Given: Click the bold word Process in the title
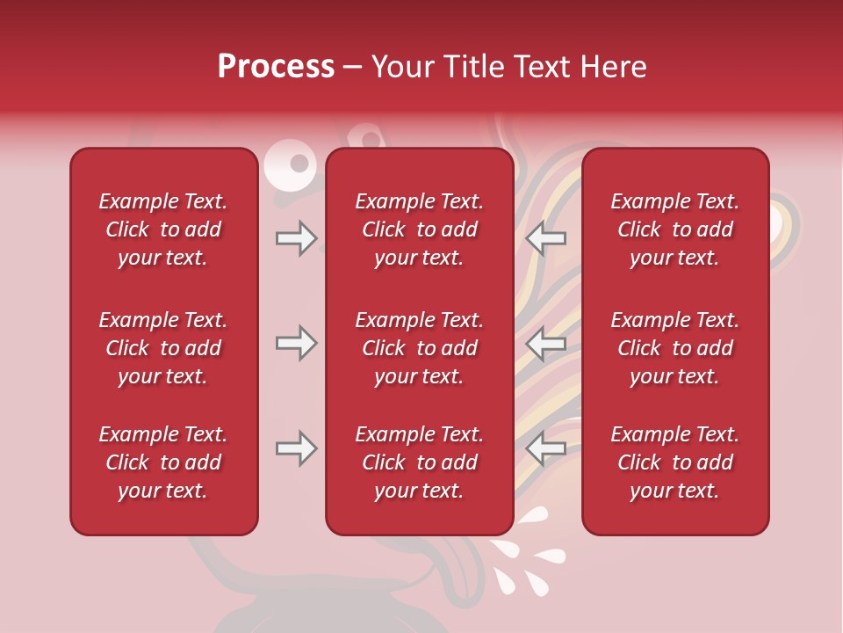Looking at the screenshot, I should click(x=276, y=67).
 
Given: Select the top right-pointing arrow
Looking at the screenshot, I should click(x=297, y=237).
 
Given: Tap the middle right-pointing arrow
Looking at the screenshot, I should click(x=297, y=343).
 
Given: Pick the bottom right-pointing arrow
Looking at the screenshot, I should click(x=297, y=448).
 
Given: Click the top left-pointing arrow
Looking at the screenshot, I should click(x=545, y=237).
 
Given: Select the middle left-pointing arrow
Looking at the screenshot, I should click(x=545, y=343).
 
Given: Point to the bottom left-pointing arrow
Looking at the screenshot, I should click(x=545, y=448).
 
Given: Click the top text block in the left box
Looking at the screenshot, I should click(x=163, y=229).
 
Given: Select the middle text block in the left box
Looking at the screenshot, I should click(x=163, y=348).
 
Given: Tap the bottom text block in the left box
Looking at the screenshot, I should click(x=163, y=462).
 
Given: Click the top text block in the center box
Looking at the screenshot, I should click(x=419, y=229).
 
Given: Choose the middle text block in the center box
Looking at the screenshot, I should click(x=419, y=348).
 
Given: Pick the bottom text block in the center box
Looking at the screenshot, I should click(x=419, y=462).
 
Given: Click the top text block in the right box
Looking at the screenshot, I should click(x=674, y=229).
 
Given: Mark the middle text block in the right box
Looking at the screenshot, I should click(x=674, y=348).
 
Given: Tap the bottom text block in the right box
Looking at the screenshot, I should click(x=674, y=462).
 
